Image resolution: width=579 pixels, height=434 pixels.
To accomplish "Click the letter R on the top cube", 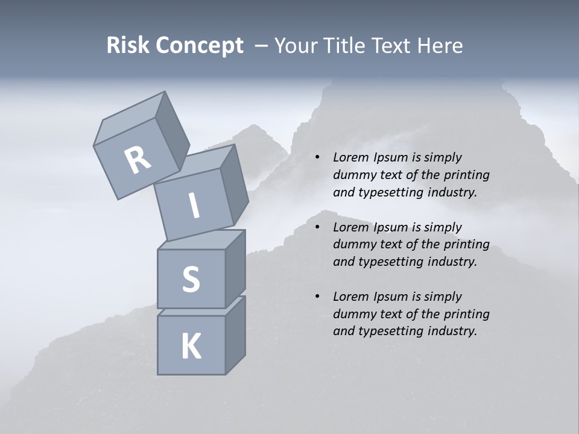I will (138, 160).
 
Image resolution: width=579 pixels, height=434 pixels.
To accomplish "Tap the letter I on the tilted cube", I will (194, 206).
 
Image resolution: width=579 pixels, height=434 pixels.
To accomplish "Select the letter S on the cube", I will (191, 279).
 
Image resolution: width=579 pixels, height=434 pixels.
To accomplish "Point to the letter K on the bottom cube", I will (191, 347).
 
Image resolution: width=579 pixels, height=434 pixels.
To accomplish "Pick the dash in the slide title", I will (261, 46).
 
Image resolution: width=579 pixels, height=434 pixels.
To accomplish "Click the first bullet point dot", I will (317, 158).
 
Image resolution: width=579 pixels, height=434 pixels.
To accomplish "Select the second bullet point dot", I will (317, 227).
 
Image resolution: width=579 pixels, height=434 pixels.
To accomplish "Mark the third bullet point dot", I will (317, 297).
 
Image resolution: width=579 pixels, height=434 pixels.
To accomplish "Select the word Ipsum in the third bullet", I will (388, 297).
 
